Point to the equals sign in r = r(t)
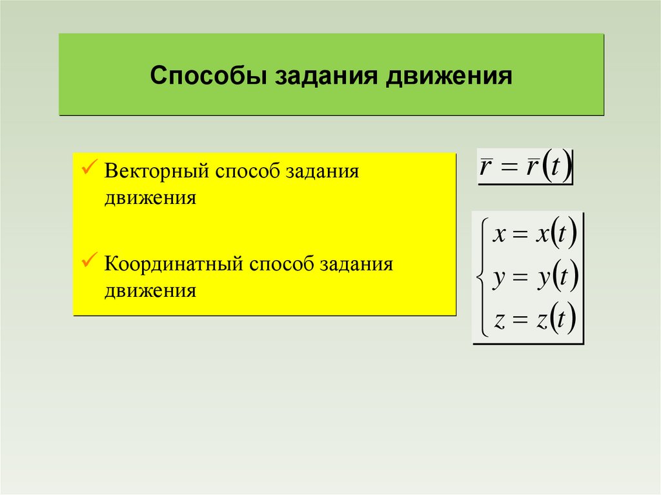[x=507, y=169]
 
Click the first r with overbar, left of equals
[x=485, y=168]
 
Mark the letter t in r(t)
[x=556, y=169]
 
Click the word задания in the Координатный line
[x=356, y=265]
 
